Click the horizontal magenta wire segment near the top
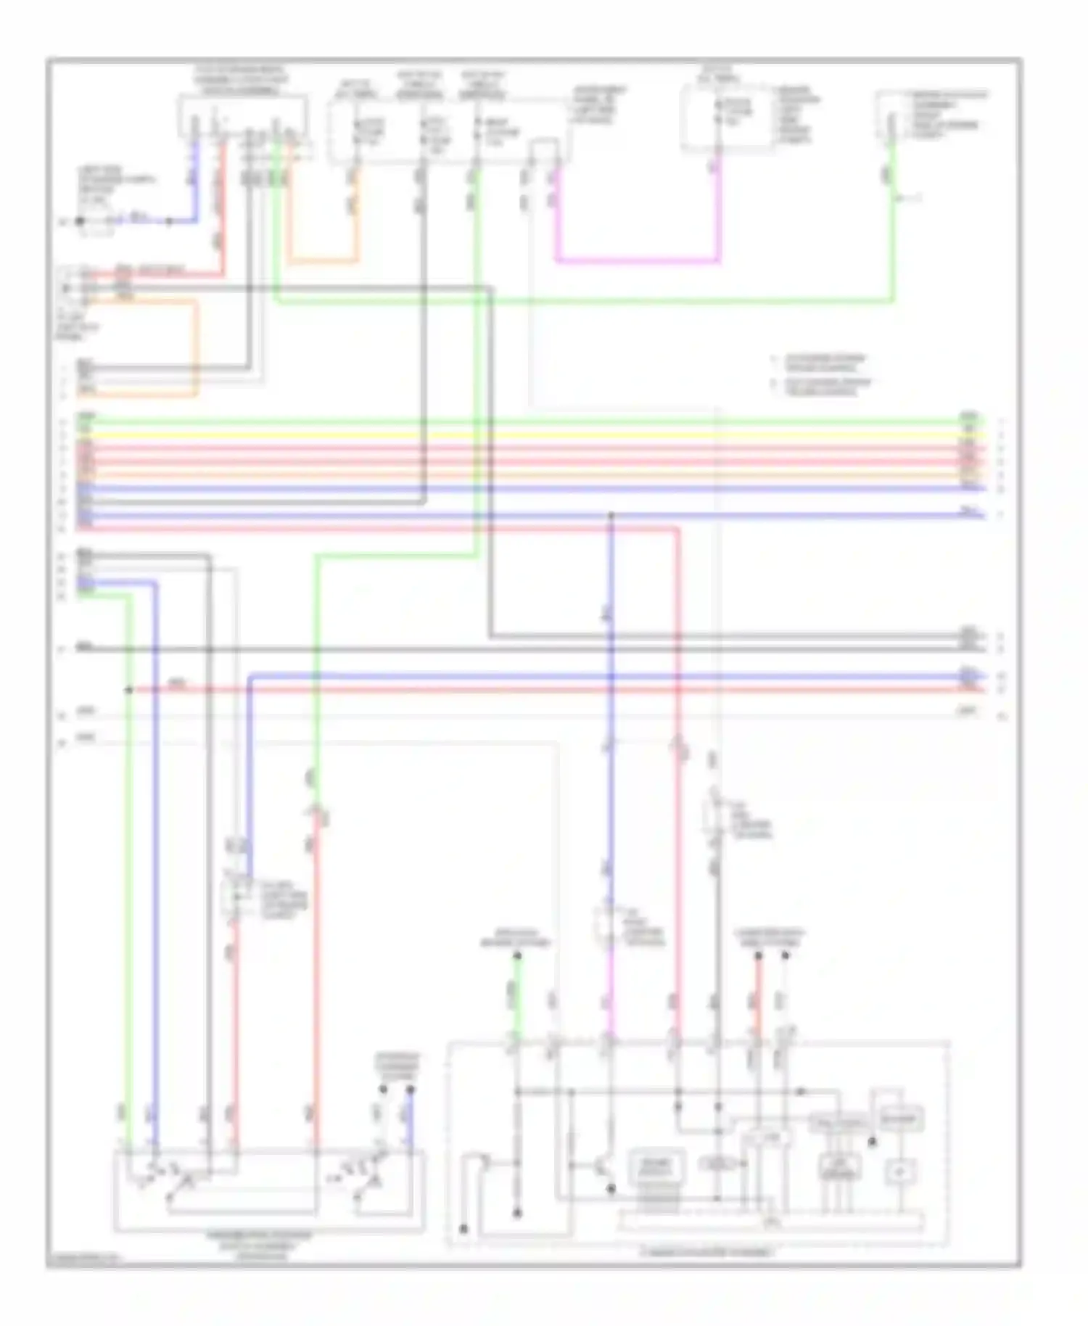pos(638,260)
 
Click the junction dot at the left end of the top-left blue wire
pos(80,221)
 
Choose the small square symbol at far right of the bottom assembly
pos(899,1170)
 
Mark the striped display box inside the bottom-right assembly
pos(658,1168)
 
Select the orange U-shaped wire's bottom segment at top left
pos(323,260)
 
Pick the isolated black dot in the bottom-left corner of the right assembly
pos(463,1229)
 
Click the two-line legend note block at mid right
pos(823,375)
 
